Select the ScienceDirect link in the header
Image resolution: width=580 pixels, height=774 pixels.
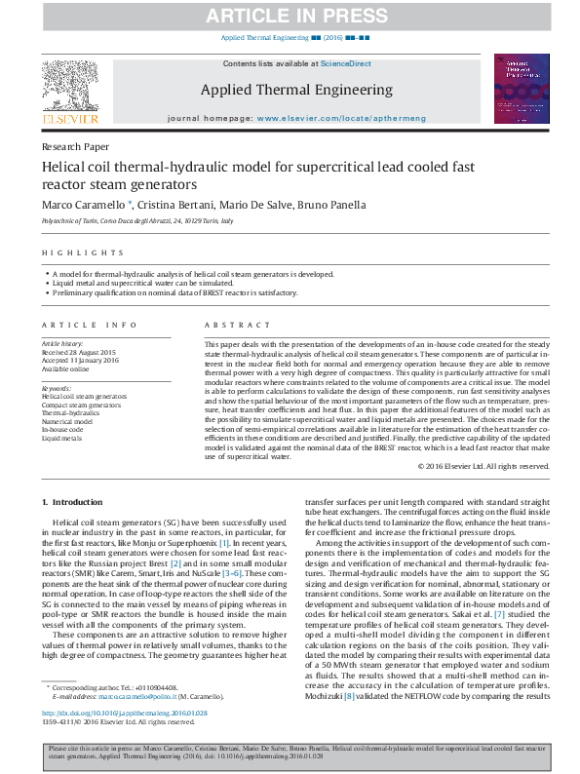[346, 63]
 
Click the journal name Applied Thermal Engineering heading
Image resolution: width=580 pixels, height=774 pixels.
[296, 90]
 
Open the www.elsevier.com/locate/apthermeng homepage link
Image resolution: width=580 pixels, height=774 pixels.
[328, 117]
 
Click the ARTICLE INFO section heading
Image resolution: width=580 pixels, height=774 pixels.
[82, 324]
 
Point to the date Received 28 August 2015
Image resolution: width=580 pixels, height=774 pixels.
[79, 351]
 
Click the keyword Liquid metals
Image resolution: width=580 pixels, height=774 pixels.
[60, 440]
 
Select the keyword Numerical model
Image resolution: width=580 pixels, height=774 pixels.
[67, 420]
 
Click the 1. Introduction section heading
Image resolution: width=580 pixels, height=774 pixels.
[73, 502]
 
